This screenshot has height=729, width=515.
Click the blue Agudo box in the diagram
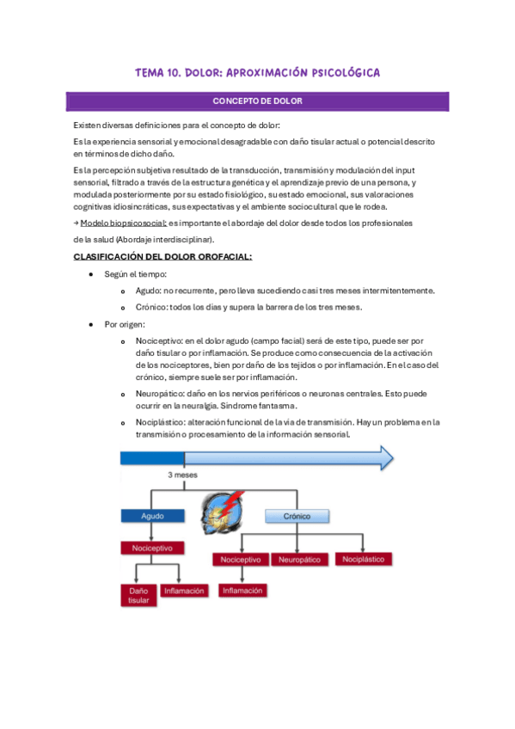click(x=153, y=517)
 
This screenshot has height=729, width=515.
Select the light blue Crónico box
click(x=297, y=517)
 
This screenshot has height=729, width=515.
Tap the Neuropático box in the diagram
click(x=297, y=559)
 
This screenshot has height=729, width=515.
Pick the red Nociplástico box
click(x=363, y=559)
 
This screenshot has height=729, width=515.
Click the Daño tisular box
click(x=138, y=596)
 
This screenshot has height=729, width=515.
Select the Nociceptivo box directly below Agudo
click(x=153, y=547)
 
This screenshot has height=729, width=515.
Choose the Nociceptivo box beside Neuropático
click(x=241, y=559)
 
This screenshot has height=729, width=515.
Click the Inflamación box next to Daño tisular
click(x=184, y=591)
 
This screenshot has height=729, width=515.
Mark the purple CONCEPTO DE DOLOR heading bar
click(x=257, y=101)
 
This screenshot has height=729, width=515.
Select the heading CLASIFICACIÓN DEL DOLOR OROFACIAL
click(x=162, y=256)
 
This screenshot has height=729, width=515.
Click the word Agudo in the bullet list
click(x=148, y=291)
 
